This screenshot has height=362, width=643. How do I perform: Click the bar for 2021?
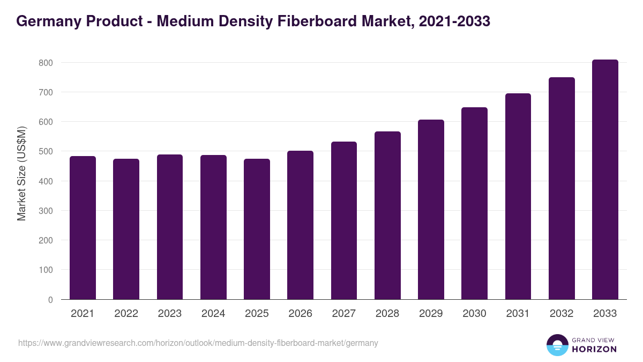[x=83, y=228]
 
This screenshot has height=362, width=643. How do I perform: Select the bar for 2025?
[x=257, y=229]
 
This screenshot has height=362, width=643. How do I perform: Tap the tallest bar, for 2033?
[x=605, y=180]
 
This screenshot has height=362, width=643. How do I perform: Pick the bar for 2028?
[x=387, y=216]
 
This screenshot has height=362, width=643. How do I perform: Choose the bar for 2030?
[x=474, y=204]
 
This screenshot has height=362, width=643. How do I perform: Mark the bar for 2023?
[x=170, y=227]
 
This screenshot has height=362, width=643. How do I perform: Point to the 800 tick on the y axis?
[x=46, y=63]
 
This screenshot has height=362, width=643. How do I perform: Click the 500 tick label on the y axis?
[x=46, y=152]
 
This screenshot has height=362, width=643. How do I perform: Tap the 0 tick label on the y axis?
[x=50, y=300]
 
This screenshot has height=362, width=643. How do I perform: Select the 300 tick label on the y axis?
[x=46, y=211]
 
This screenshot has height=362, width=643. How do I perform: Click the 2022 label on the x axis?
[x=126, y=314]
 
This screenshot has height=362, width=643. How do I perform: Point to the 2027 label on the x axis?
[x=343, y=314]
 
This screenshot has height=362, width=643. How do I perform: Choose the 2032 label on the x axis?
[x=562, y=314]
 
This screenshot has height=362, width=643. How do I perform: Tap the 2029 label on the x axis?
[x=431, y=314]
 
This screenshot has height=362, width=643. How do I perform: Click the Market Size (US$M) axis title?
[x=21, y=173]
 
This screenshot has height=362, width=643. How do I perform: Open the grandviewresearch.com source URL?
[x=198, y=343]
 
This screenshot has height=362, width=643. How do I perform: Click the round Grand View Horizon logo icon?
[x=557, y=345]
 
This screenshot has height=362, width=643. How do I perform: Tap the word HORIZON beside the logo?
[x=594, y=349]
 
